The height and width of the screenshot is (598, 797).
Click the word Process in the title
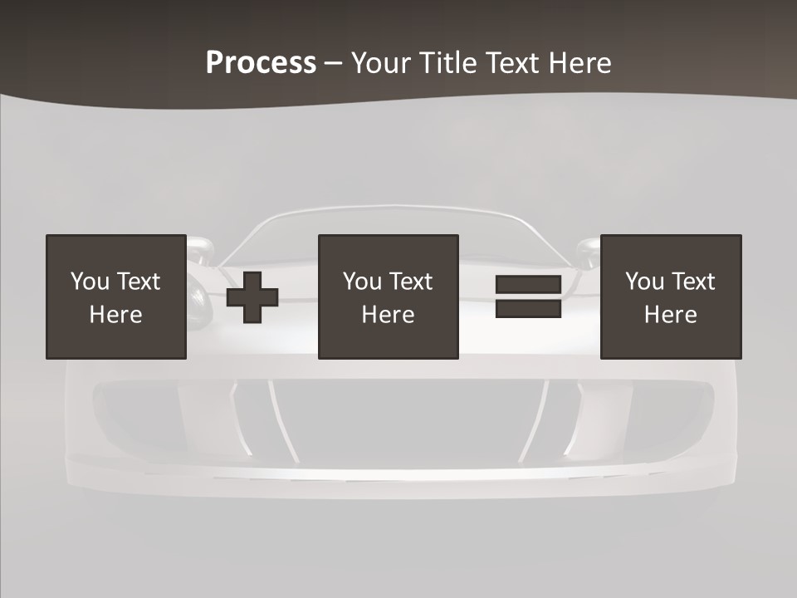point(261,63)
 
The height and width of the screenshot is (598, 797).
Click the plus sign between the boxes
point(252,297)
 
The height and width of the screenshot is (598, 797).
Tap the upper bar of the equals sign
point(528,285)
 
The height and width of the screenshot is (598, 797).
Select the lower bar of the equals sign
point(528,308)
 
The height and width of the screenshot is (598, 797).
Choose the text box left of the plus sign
point(116,297)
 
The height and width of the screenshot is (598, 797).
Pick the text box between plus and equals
point(388,297)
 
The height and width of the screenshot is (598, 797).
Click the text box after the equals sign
point(671,297)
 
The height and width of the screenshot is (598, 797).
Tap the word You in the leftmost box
point(90,282)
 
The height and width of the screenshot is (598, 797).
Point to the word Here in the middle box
point(388,315)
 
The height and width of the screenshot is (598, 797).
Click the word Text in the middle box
point(410,282)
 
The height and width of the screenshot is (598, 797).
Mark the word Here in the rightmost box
point(671,315)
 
